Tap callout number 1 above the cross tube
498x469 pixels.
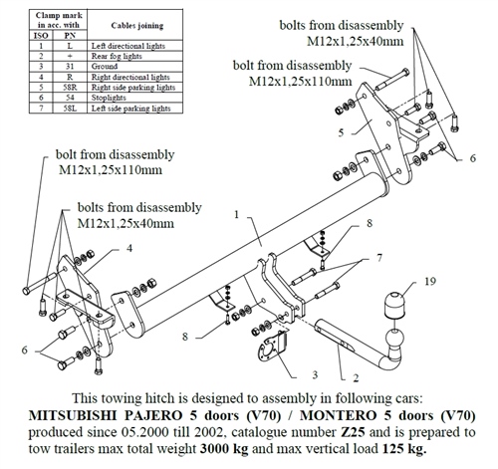(236, 215)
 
